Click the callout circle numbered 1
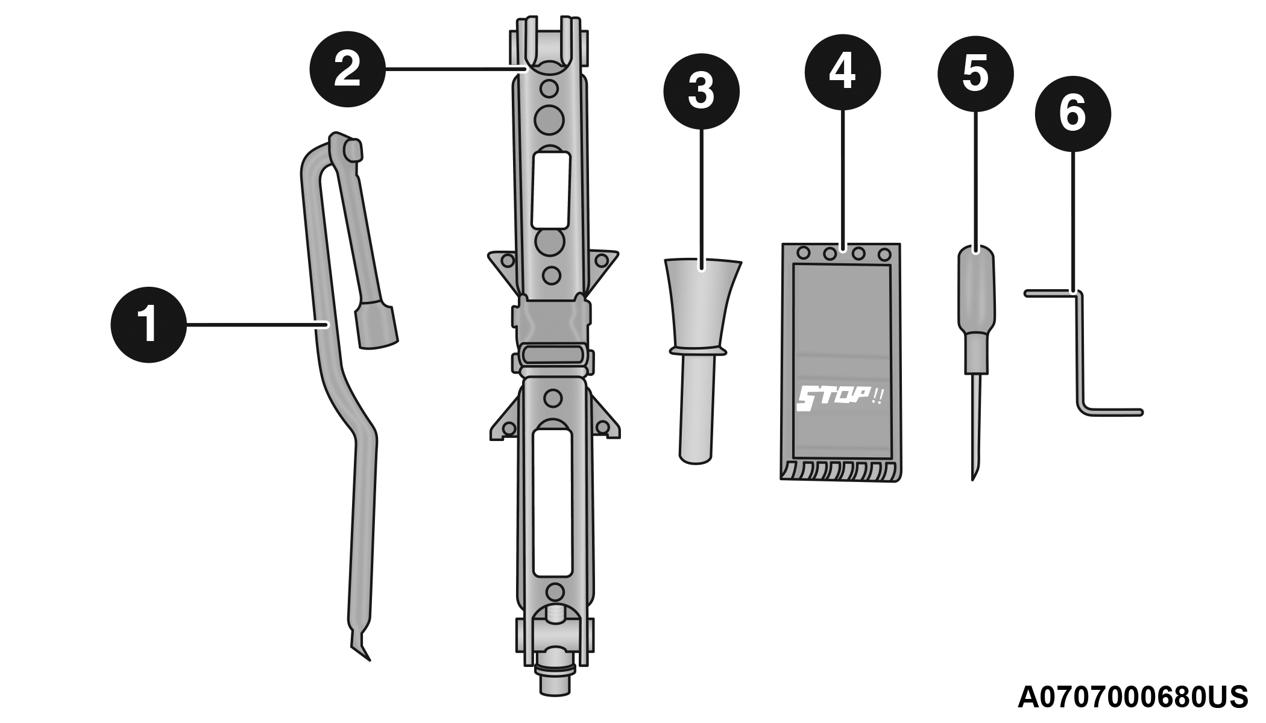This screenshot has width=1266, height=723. [148, 325]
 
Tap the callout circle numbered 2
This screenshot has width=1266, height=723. [347, 69]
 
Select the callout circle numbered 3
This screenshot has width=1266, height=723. [701, 91]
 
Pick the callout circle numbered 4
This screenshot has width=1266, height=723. [842, 72]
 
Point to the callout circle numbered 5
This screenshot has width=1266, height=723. [975, 74]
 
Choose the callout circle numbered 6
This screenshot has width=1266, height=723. [1073, 113]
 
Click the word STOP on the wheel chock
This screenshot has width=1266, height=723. [833, 398]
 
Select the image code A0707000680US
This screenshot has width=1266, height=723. [1133, 697]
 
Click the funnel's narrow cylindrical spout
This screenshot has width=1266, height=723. [697, 410]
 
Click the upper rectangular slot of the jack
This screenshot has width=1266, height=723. [550, 190]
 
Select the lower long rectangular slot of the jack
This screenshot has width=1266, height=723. [552, 502]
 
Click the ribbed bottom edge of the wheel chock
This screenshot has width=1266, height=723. [841, 472]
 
